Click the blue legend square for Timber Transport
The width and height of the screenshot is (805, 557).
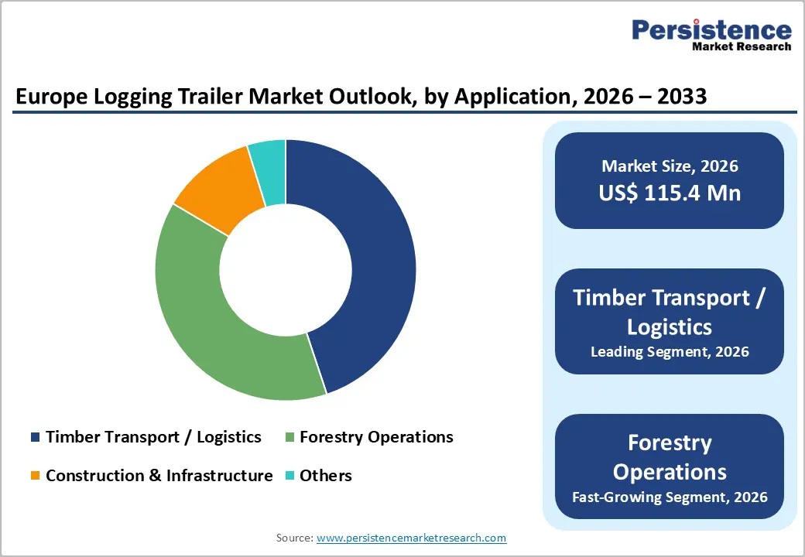pyautogui.click(x=35, y=438)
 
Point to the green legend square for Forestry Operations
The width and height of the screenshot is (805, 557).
pyautogui.click(x=289, y=438)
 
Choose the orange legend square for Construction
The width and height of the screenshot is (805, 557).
pyautogui.click(x=35, y=476)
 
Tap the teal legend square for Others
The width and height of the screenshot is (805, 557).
pyautogui.click(x=289, y=476)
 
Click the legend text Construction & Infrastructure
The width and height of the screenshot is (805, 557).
pyautogui.click(x=159, y=476)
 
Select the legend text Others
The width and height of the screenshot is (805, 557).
pyautogui.click(x=326, y=476)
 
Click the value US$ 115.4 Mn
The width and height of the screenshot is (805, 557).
pyautogui.click(x=670, y=193)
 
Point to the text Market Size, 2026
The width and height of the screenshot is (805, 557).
pyautogui.click(x=670, y=166)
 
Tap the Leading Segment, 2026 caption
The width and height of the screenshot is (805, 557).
pyautogui.click(x=670, y=352)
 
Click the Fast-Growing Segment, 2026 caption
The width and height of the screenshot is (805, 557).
pyautogui.click(x=670, y=497)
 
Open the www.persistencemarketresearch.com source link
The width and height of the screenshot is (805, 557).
pyautogui.click(x=411, y=538)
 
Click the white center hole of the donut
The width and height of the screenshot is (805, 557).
pyautogui.click(x=286, y=270)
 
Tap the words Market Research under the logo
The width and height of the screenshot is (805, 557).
pyautogui.click(x=742, y=46)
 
